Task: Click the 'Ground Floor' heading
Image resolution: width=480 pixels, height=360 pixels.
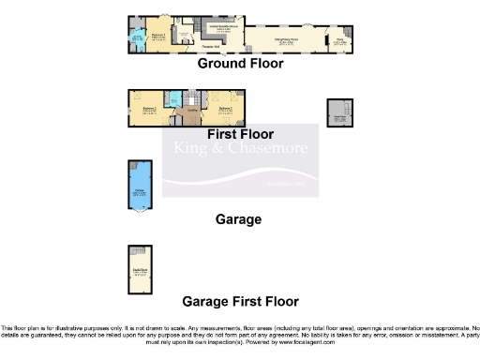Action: [x=240, y=64]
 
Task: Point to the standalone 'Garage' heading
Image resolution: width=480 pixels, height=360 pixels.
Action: [x=237, y=219]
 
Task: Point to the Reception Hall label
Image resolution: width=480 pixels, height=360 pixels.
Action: [x=211, y=46]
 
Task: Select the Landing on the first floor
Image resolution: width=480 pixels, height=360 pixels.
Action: [x=191, y=113]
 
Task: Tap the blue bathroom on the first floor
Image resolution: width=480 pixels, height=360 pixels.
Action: [x=175, y=99]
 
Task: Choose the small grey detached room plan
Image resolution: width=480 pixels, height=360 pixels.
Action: [x=338, y=112]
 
